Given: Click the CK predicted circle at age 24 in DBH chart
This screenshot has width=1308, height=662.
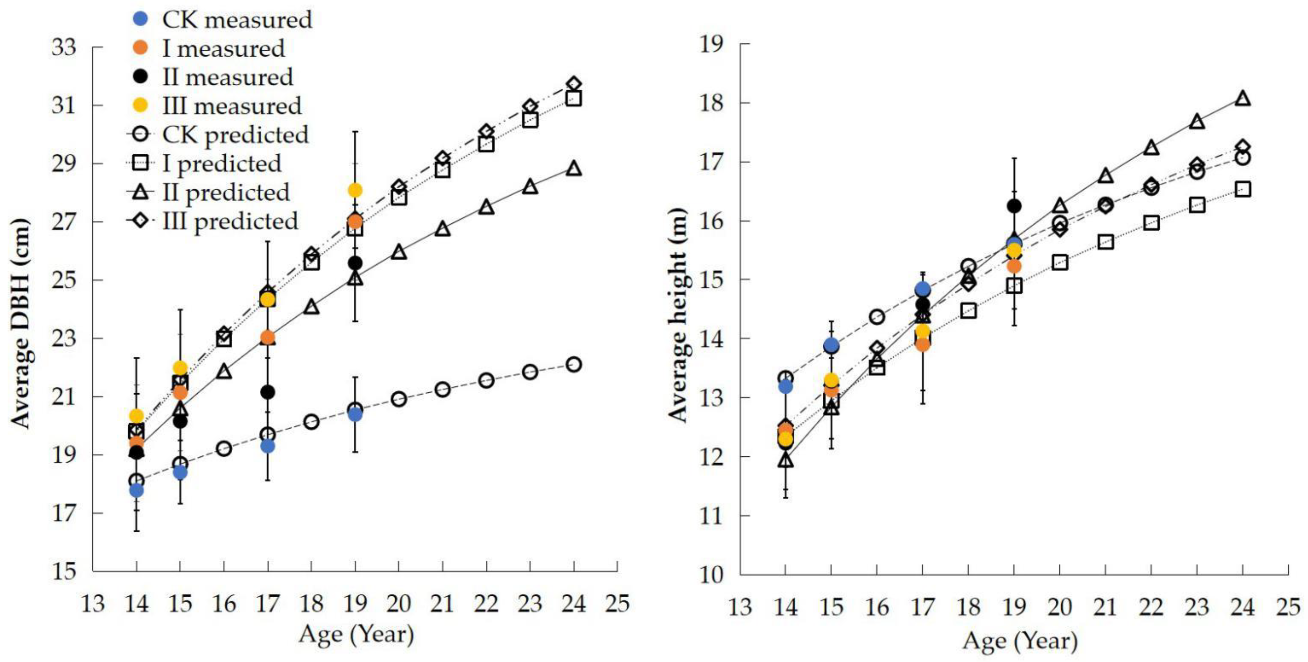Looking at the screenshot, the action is coord(574,364).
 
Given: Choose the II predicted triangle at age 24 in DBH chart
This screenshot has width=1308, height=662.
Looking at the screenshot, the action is coord(574,168).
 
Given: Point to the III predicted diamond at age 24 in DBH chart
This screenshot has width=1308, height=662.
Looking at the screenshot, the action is coord(574,84).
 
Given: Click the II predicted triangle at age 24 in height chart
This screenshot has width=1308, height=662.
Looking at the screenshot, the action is coord(1243,98).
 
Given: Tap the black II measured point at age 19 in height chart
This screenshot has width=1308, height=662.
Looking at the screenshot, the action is coord(1014,206).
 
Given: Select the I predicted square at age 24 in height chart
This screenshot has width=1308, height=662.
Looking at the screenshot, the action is coord(1243,190).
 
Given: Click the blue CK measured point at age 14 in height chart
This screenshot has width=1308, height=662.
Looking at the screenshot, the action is coord(785,386).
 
